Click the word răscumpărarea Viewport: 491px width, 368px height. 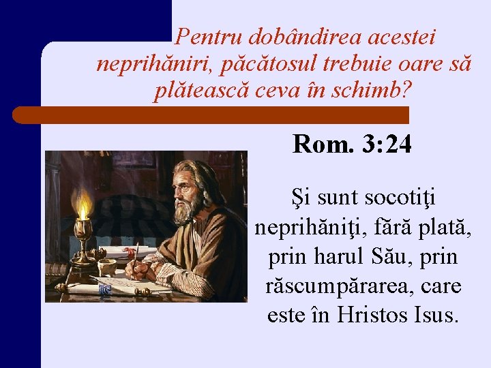point(333,287)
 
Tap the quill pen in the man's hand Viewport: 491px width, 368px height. point(136,254)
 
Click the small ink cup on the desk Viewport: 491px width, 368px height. point(107,266)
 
